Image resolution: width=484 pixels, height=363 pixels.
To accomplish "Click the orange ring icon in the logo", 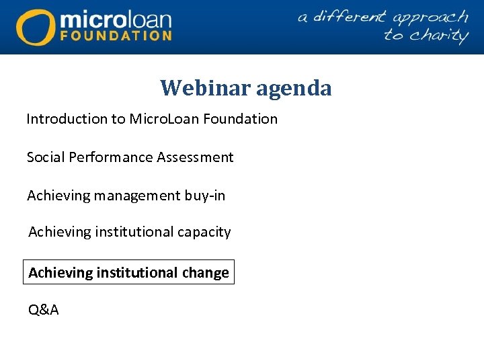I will pyautogui.click(x=36, y=27).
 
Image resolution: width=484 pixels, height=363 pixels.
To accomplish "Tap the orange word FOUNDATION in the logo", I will pyautogui.click(x=116, y=35).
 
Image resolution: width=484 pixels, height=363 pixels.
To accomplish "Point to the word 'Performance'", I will pyautogui.click(x=108, y=157).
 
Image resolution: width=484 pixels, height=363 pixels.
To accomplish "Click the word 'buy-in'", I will pyautogui.click(x=205, y=196).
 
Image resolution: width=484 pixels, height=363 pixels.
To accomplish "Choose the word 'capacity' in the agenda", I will pyautogui.click(x=204, y=232).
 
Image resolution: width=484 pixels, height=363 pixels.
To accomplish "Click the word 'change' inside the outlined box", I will pyautogui.click(x=204, y=273).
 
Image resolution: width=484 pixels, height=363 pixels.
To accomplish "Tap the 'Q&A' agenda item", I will pyautogui.click(x=43, y=310).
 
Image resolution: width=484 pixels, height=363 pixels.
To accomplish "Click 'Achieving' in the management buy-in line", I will pyautogui.click(x=58, y=196).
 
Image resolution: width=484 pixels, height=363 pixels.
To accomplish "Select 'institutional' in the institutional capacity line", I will pyautogui.click(x=134, y=232).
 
